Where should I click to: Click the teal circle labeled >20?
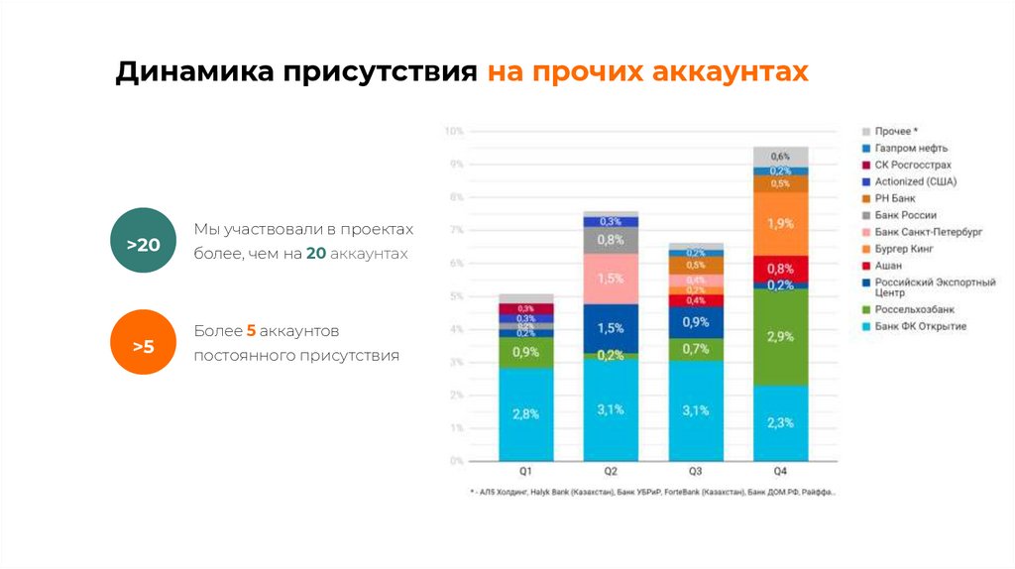143,240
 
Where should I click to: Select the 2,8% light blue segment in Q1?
526,413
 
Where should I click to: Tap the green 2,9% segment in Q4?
779,337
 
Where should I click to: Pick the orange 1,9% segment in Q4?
779,223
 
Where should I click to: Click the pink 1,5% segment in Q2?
611,279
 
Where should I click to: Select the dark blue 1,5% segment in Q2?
611,328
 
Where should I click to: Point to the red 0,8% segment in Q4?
779,269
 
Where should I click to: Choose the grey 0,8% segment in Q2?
611,240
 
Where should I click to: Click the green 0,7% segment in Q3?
695,349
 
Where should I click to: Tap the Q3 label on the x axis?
695,472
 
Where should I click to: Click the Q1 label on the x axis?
526,472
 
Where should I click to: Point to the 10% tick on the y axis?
454,131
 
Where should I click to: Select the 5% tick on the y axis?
456,296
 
